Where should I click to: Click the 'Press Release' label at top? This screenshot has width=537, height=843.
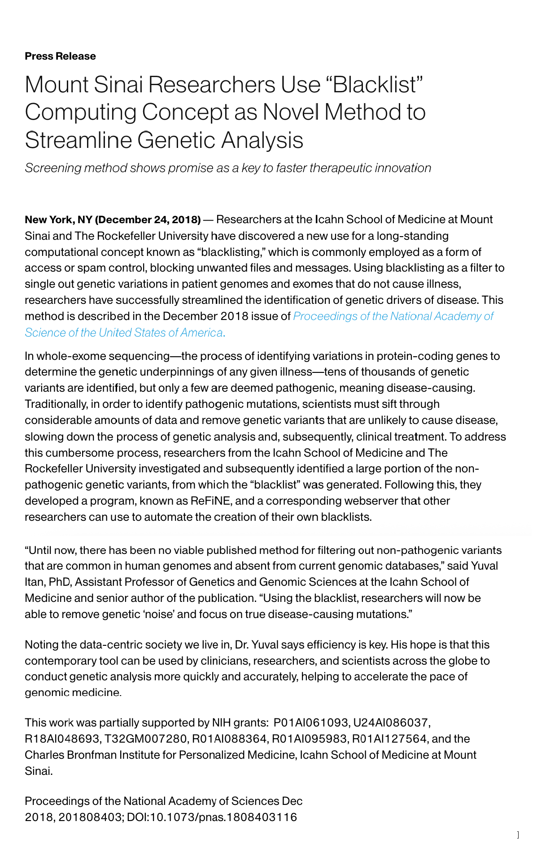pos(60,56)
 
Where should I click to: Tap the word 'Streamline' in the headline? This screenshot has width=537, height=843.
pos(79,140)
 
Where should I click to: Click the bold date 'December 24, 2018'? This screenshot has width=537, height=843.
pos(148,220)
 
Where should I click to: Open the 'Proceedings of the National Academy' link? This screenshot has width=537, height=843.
pos(393,316)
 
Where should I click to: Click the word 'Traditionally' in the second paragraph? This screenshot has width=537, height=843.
pos(56,404)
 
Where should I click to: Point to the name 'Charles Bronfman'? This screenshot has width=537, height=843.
pos(70,755)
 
